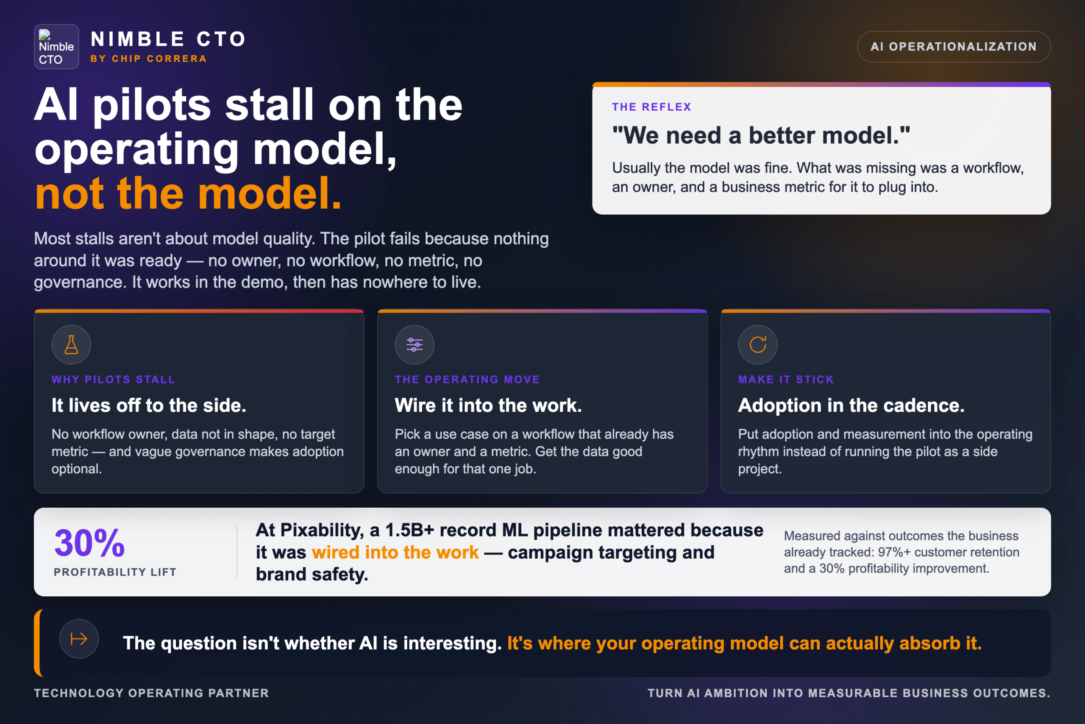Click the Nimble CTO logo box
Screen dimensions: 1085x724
(x=56, y=47)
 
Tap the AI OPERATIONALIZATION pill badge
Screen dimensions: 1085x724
(x=954, y=47)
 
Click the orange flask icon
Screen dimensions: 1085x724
(x=71, y=344)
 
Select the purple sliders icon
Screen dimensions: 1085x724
(x=414, y=344)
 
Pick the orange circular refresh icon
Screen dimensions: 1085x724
(x=757, y=344)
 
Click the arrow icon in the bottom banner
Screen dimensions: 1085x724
(x=79, y=639)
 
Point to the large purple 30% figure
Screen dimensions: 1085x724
(x=89, y=543)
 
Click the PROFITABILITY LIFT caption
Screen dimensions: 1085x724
(x=115, y=572)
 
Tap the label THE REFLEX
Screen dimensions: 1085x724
(x=651, y=107)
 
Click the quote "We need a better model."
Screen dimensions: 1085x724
(x=761, y=135)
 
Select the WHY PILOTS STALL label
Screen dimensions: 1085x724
(x=113, y=380)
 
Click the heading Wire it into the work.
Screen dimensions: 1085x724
(x=488, y=405)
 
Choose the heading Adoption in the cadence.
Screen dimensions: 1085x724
(x=851, y=405)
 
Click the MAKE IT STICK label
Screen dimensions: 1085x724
(x=786, y=380)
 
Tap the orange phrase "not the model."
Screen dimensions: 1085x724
(x=188, y=193)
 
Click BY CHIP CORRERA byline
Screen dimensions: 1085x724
(x=148, y=59)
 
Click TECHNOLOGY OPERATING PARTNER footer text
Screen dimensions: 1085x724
(x=151, y=693)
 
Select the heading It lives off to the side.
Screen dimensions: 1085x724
(x=148, y=405)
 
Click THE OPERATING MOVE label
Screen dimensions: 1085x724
(x=467, y=380)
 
